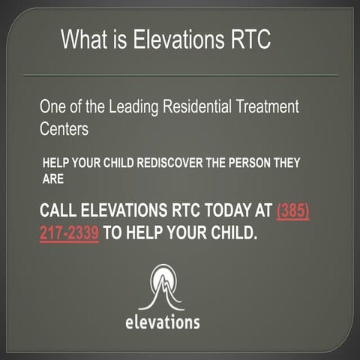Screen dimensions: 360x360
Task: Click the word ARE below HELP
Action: click(53, 178)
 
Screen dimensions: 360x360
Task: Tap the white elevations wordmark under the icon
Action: click(162, 323)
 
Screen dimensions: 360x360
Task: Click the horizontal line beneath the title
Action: click(180, 74)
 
